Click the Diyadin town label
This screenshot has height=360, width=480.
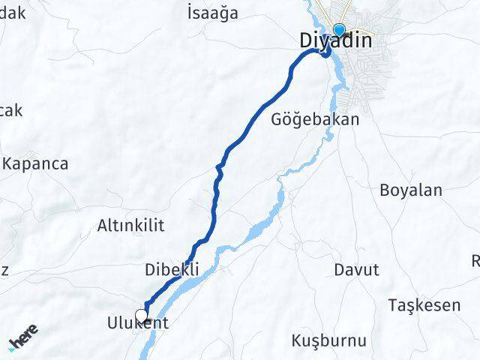(x=334, y=41)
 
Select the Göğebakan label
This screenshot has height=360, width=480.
(x=315, y=119)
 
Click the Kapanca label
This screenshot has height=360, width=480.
(x=35, y=163)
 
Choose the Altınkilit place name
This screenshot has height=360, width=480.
(x=130, y=225)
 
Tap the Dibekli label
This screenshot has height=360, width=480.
(x=172, y=268)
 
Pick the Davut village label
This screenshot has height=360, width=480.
(x=357, y=269)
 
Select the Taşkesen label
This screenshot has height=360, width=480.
(x=424, y=305)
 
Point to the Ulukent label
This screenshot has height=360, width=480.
(x=137, y=324)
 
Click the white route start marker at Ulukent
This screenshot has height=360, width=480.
(x=141, y=316)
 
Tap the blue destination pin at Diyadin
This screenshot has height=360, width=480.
(x=339, y=30)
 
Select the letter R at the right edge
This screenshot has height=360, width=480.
(x=475, y=261)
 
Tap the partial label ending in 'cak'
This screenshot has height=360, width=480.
(x=10, y=111)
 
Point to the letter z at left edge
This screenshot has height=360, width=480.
(x=4, y=271)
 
